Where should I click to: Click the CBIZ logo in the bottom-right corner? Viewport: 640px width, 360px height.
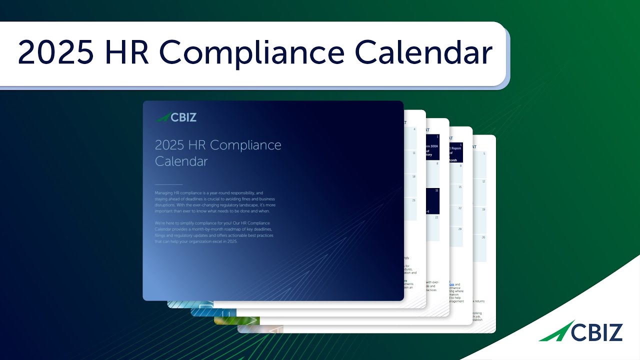coord(581,331)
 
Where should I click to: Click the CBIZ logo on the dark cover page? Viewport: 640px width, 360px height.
coord(176,117)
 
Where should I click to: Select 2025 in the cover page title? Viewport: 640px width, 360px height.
coord(169,145)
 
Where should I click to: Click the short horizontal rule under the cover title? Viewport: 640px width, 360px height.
coord(168,184)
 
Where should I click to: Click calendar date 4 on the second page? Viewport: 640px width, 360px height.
coord(414,129)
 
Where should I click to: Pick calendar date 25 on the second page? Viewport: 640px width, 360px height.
coord(413,200)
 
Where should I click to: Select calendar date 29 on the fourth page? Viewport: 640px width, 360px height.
coord(459,228)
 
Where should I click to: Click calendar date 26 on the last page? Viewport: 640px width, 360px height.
coord(483,237)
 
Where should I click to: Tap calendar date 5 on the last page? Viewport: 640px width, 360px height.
coord(483,153)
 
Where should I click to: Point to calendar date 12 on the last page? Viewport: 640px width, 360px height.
coord(483,181)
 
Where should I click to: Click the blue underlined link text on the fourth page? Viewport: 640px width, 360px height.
coord(451,284)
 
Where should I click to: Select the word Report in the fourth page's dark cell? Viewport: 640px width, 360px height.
coord(455,148)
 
